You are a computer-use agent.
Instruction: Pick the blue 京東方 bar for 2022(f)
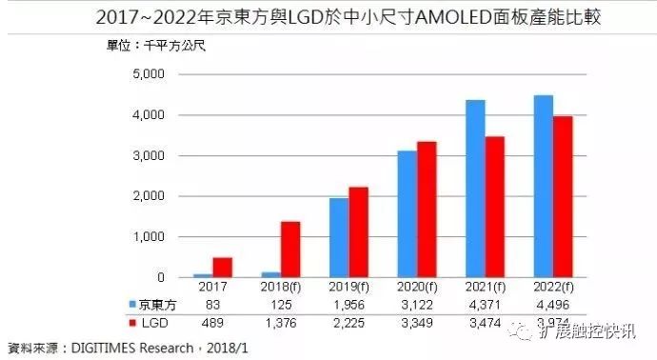click(x=543, y=186)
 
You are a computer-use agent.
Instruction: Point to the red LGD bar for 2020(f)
click(x=428, y=210)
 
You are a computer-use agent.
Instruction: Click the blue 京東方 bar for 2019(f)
click(x=338, y=237)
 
